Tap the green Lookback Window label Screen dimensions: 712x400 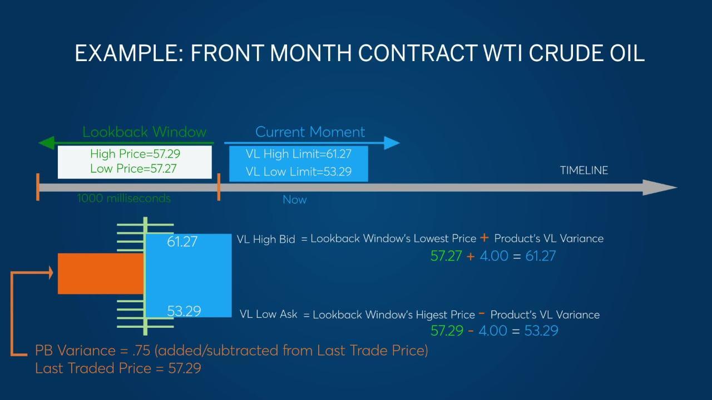coord(144,132)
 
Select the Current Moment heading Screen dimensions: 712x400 coord(310,132)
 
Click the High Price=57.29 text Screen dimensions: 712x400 coord(135,154)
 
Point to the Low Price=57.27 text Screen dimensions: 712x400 coord(133,168)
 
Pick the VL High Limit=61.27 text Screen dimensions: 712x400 coord(299,154)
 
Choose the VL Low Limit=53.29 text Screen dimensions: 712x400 coord(299,172)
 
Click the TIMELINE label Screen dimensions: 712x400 coord(584,171)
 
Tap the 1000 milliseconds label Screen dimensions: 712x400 coord(124,198)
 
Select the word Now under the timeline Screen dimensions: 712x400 coord(295,199)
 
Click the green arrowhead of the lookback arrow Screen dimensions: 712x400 coord(46,143)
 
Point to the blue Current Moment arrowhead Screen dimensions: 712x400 coord(392,143)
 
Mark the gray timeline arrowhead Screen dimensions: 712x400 coord(660,188)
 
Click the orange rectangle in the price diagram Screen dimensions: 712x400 coord(101,274)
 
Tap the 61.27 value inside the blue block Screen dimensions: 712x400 coord(182,242)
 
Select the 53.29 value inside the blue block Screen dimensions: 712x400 coord(184,311)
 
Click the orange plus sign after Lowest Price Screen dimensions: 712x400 coord(484,237)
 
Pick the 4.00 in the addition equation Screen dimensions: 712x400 coord(494,256)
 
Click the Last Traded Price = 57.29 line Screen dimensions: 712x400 coord(118,368)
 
